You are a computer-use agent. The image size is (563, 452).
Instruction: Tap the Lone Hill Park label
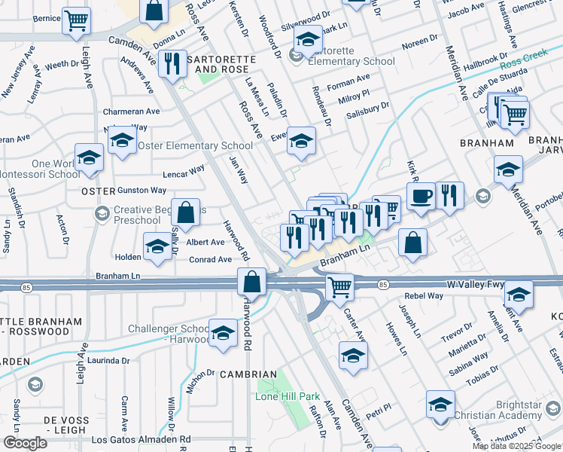point(288,396)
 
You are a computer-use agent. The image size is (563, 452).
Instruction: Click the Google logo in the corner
point(25,443)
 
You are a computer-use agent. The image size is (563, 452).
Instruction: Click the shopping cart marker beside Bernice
point(75,22)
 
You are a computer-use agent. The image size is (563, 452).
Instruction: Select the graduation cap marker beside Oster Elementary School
point(122,141)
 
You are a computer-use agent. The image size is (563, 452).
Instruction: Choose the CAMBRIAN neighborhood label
point(248,374)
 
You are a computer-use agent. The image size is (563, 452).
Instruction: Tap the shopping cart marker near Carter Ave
point(339,286)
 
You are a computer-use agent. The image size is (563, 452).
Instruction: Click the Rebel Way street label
point(424,296)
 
